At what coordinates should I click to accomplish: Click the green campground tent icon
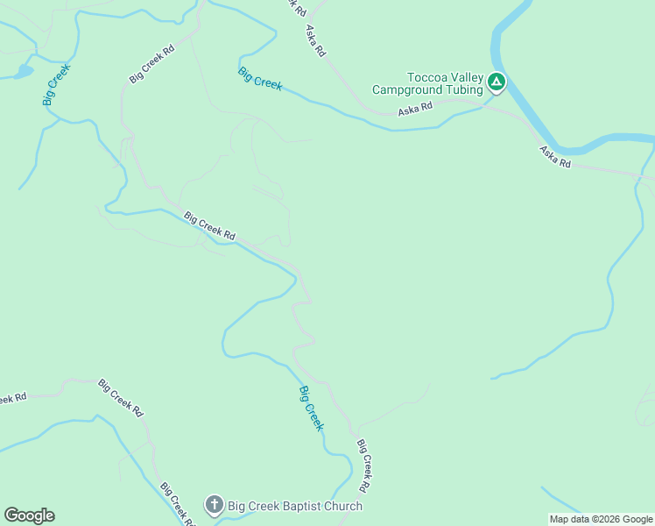(497, 82)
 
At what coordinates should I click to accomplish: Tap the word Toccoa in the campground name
(426, 78)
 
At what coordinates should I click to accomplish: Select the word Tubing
(462, 89)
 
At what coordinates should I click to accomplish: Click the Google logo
(29, 515)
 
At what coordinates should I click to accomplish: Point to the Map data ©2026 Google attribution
(601, 519)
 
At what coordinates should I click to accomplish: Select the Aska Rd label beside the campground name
(415, 109)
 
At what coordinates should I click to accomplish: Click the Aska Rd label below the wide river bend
(555, 157)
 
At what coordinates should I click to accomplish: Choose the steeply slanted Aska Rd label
(315, 41)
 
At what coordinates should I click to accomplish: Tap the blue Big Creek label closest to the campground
(260, 79)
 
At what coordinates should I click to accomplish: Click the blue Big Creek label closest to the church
(312, 408)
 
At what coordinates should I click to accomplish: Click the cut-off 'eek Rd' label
(12, 398)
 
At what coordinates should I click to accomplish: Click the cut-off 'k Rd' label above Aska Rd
(298, 6)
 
